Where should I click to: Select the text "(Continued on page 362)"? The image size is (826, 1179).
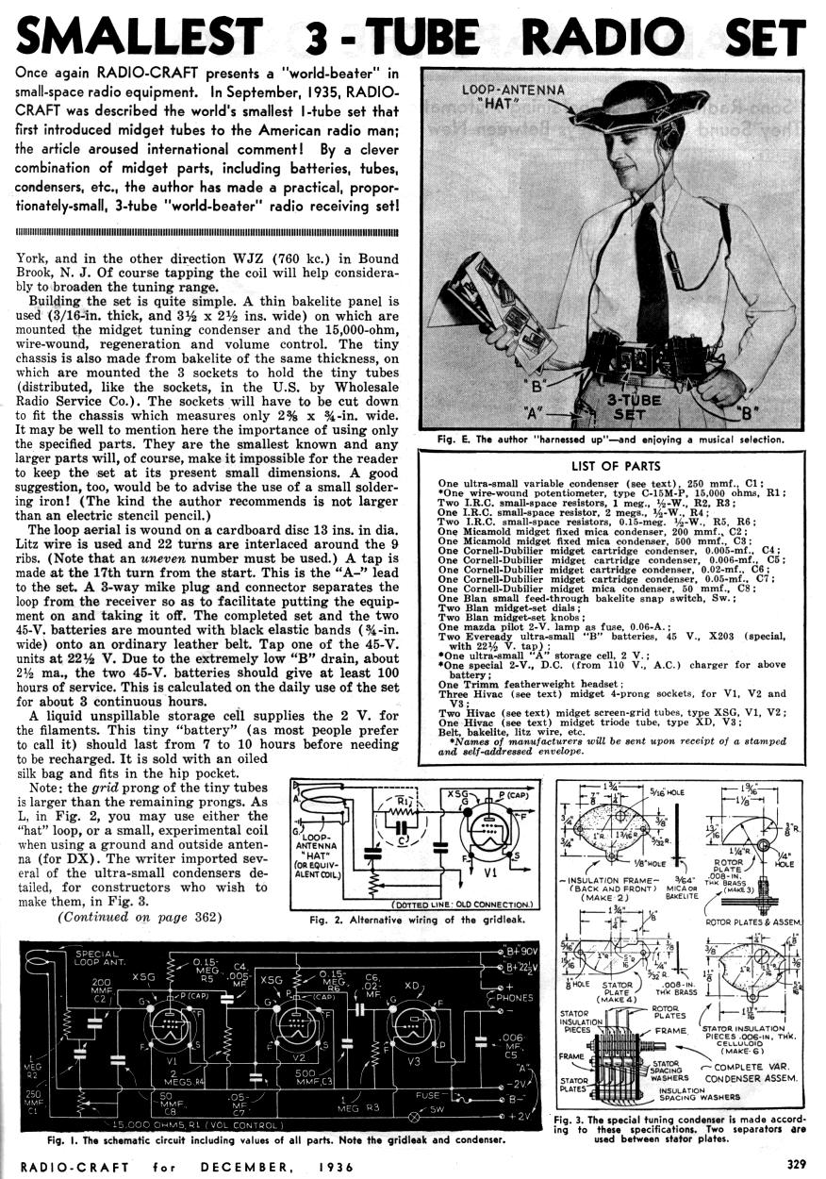(x=139, y=917)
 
